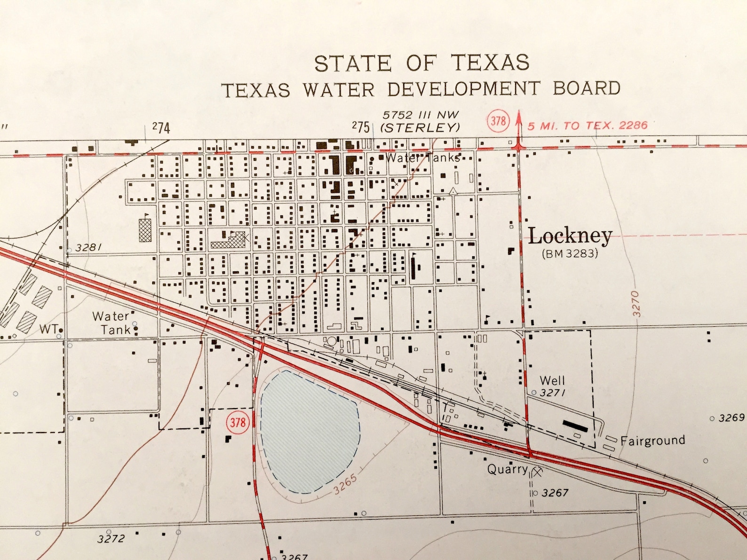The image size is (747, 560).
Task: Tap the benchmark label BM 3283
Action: pos(570,254)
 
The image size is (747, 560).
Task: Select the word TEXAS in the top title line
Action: pos(490,63)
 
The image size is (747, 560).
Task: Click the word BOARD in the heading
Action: pos(587,88)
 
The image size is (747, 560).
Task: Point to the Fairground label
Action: pos(652,441)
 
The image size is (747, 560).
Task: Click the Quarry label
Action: pos(507,469)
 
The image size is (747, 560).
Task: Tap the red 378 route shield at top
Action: pos(498,121)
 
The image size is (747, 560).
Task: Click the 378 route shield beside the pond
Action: pos(238,422)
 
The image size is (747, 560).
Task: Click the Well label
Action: pos(552,380)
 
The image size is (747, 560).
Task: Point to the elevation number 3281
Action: pos(88,248)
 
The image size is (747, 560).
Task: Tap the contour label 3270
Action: pos(636,303)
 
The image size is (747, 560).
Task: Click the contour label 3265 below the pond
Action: pos(346,484)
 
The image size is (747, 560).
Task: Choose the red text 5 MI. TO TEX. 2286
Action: pos(587,126)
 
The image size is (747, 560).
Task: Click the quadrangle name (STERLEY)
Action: pos(420,127)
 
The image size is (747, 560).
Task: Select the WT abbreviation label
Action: pos(48,329)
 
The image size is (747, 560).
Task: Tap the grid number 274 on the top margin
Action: pos(161,127)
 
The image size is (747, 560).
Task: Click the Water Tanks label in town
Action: pos(422,158)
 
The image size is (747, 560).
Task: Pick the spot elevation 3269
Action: pos(731,418)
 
